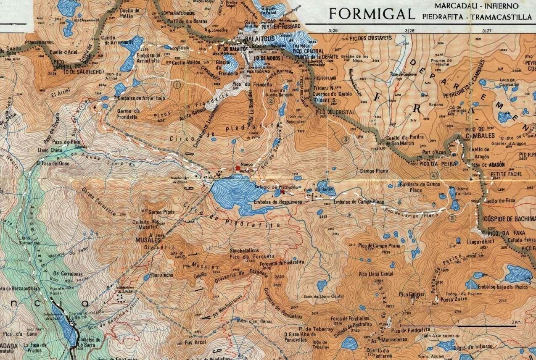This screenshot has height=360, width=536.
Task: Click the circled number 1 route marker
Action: [x=177, y=85]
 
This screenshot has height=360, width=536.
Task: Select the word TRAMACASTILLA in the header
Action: [x=501, y=17]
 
